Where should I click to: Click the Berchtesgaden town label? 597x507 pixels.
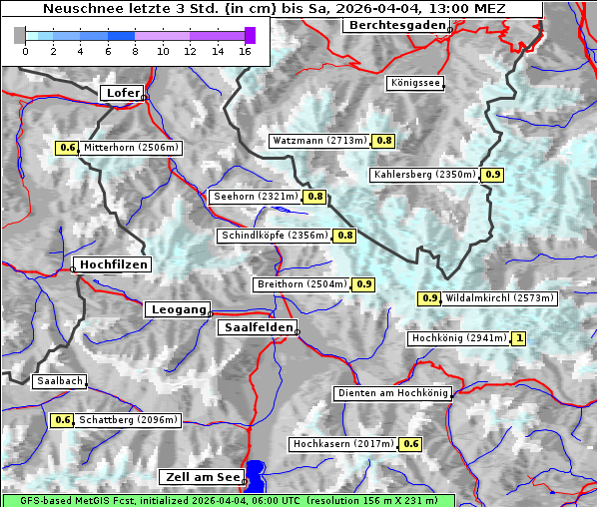click(x=395, y=26)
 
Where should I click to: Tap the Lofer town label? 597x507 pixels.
click(x=123, y=93)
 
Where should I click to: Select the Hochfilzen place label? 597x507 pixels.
click(x=113, y=264)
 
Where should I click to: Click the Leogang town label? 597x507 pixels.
click(x=179, y=309)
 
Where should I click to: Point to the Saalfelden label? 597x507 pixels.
click(x=257, y=327)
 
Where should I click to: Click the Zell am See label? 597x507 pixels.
click(x=201, y=478)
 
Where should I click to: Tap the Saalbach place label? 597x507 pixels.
click(x=59, y=381)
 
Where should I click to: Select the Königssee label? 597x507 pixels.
click(x=415, y=84)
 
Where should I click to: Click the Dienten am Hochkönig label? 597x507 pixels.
click(x=392, y=393)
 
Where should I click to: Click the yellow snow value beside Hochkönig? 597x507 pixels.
click(x=519, y=339)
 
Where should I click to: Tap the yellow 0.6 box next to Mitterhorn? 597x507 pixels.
click(x=67, y=148)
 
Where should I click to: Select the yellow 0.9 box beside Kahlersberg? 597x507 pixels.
click(x=492, y=175)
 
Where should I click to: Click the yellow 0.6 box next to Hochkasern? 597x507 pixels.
click(x=411, y=444)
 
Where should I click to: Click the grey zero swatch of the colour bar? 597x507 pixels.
click(x=19, y=35)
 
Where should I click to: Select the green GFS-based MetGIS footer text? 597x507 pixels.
click(x=228, y=500)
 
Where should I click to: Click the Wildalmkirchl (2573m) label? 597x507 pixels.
click(x=499, y=298)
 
